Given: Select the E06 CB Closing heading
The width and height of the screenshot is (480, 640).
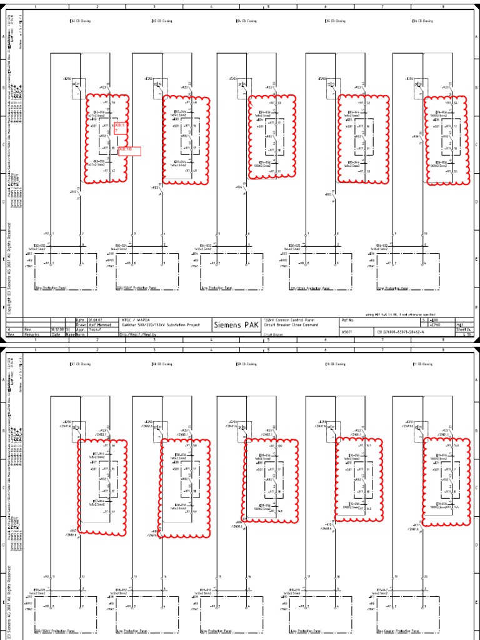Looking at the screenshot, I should pos(422,21).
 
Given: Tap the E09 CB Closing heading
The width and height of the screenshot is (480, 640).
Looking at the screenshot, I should pos(247,364).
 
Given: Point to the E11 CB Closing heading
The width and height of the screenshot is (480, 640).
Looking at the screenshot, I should pos(422,364).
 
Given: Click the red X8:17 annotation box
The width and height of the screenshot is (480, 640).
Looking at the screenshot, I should pos(120,128).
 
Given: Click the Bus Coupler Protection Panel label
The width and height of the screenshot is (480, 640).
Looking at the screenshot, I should pos(397,632).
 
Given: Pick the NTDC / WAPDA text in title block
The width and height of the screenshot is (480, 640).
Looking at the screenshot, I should pos(133,319).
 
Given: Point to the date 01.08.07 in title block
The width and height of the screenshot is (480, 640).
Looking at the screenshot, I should pos(99,319).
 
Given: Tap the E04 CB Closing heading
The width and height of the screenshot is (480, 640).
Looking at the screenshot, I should pos(246,21).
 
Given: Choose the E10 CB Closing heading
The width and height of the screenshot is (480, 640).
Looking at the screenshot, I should pos(336,364).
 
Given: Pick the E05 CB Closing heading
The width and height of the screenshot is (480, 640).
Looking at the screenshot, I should pos(336,21).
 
